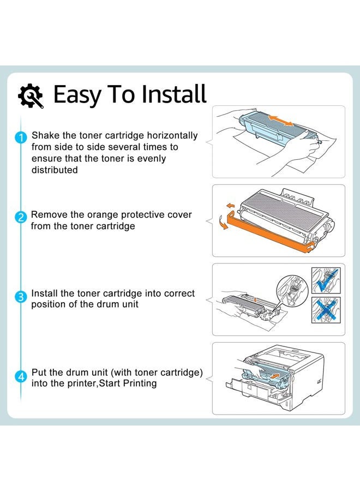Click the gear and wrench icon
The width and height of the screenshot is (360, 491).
(31, 95)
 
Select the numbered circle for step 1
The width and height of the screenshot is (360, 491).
(20, 138)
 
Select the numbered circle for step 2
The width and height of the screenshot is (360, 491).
(20, 218)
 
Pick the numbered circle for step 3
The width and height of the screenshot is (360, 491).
(20, 297)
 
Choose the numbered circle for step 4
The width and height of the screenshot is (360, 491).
(20, 376)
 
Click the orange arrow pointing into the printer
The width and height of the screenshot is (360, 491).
(278, 375)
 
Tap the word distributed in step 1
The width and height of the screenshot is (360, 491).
(55, 170)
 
